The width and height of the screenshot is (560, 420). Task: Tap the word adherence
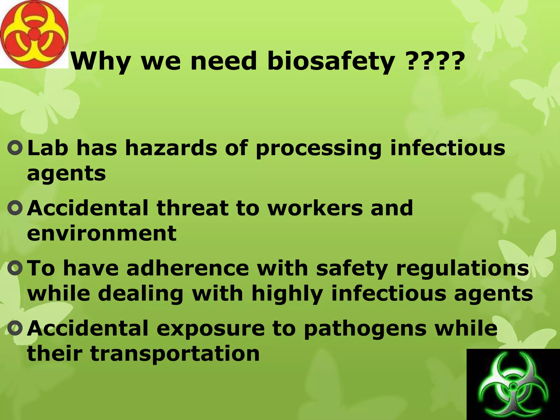pyautogui.click(x=187, y=268)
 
